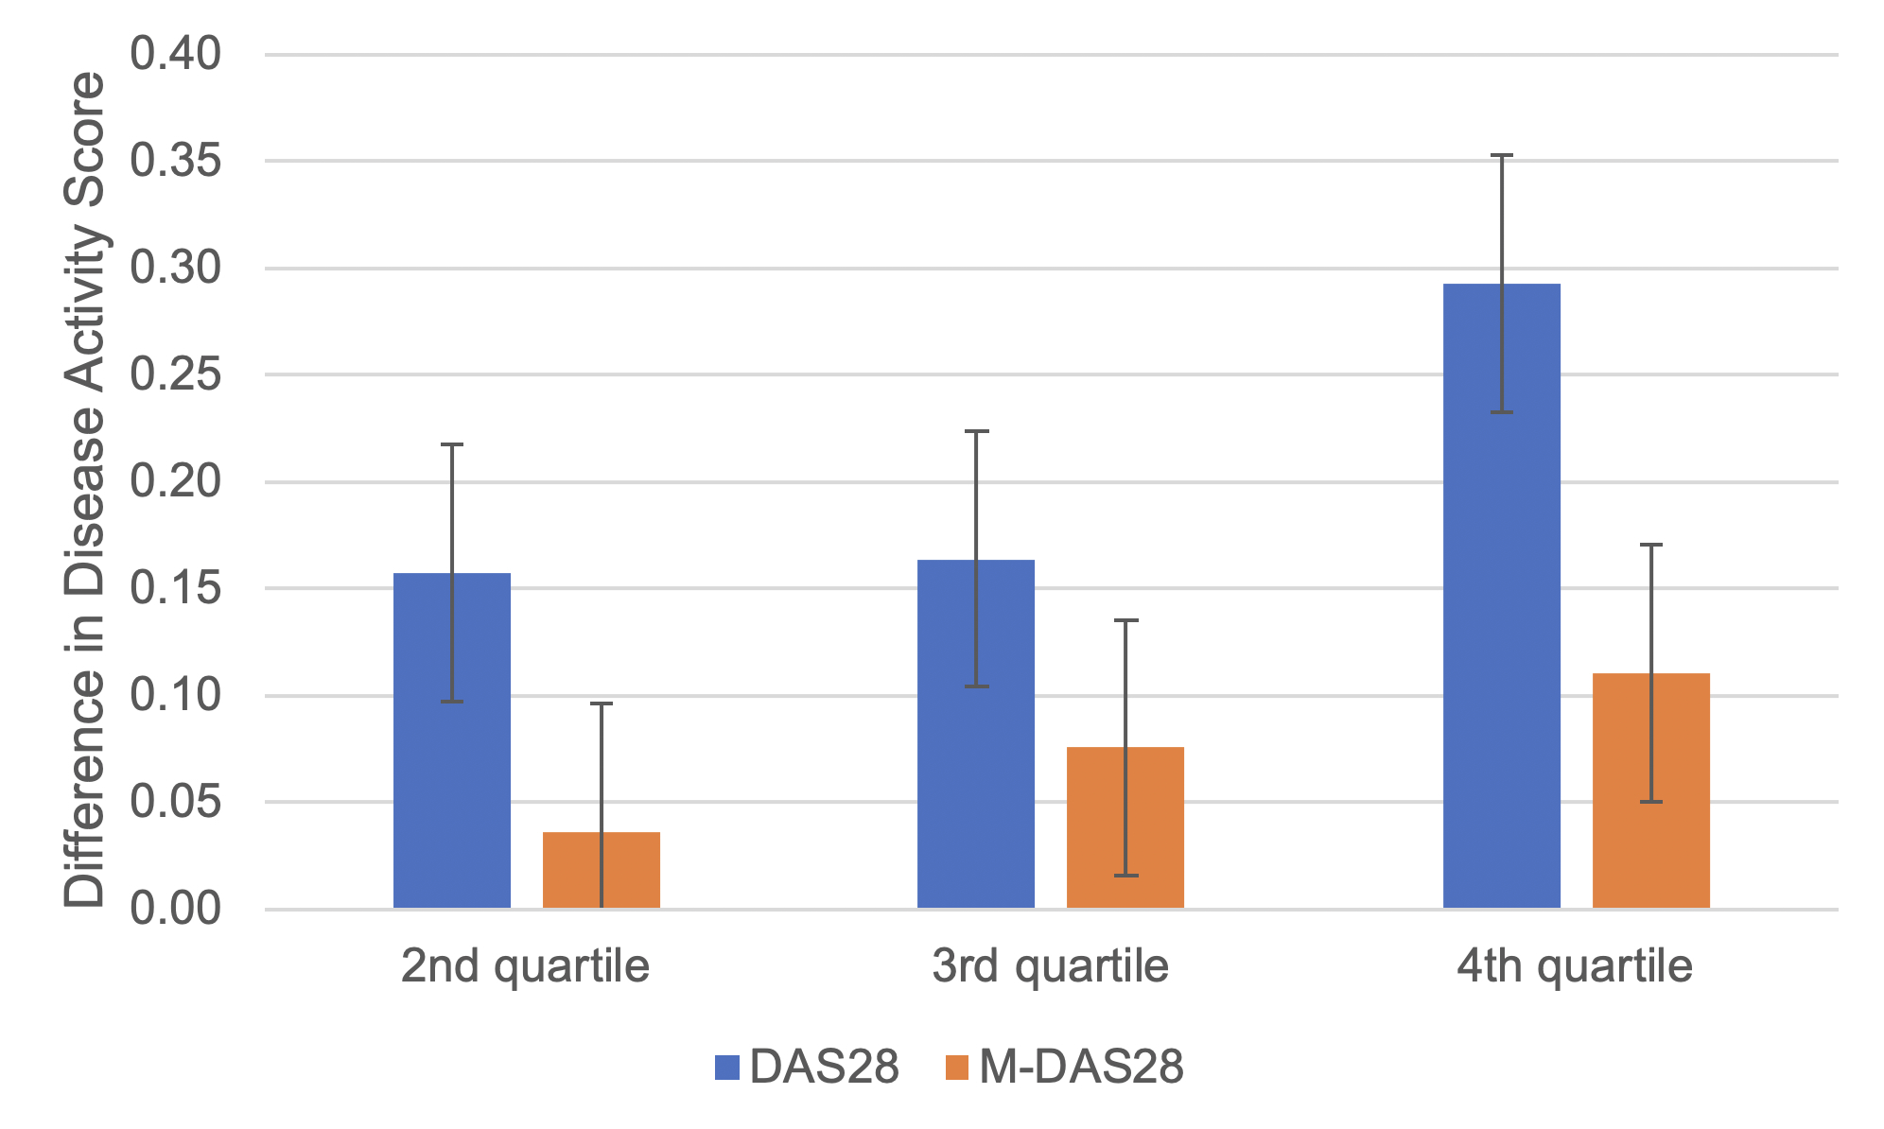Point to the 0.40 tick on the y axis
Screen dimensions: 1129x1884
176,55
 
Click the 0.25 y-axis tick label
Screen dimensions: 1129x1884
176,375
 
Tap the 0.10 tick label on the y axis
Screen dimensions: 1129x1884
176,696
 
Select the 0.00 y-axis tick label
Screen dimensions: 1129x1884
176,910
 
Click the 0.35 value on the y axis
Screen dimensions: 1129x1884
176,162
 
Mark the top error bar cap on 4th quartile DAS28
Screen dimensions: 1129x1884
1502,155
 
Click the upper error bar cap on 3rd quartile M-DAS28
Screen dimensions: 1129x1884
1125,620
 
